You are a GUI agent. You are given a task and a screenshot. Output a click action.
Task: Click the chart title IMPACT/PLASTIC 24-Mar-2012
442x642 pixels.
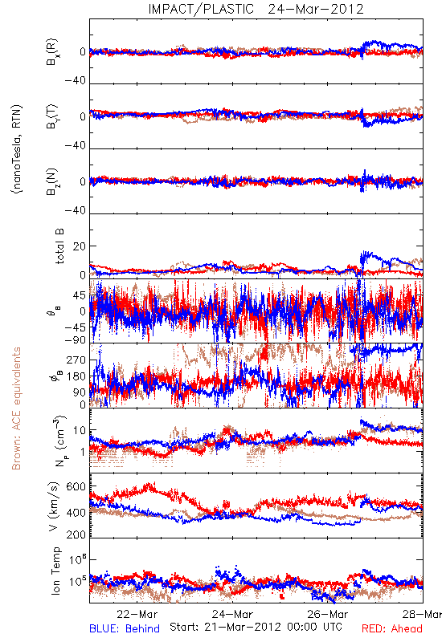point(256,9)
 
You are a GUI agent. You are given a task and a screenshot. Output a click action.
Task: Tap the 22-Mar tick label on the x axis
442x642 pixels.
point(137,614)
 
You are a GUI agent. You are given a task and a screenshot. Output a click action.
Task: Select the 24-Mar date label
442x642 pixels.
point(232,614)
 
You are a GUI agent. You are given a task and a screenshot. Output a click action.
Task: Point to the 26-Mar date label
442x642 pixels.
point(328,614)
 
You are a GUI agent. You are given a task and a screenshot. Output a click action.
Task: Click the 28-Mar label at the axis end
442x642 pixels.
point(423,614)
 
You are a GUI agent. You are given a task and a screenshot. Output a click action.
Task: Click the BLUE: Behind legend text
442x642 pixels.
point(125,628)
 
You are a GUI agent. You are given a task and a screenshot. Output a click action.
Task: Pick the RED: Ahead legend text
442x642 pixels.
point(392,628)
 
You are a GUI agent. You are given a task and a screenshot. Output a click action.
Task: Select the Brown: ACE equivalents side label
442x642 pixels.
point(16,408)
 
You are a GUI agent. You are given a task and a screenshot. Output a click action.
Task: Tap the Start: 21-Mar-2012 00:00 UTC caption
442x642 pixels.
point(256,627)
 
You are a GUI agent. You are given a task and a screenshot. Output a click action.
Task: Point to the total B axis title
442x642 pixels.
point(59,246)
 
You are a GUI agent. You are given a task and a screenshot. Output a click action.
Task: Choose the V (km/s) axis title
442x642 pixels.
point(54,506)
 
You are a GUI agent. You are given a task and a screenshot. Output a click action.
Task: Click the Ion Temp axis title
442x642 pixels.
point(55,570)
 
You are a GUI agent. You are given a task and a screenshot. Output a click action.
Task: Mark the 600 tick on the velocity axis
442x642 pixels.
point(76,487)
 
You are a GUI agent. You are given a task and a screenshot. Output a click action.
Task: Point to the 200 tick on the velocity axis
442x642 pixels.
point(76,534)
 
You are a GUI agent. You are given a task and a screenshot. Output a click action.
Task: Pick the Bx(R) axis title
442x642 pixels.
point(52,52)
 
